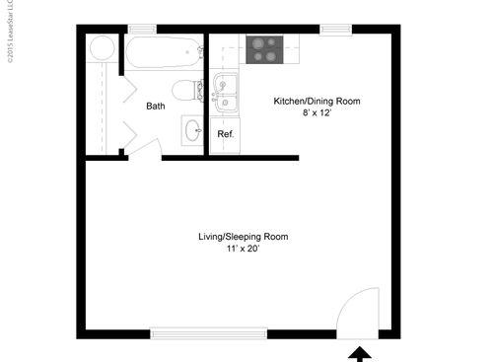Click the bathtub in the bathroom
(164, 52)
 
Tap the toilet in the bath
(184, 92)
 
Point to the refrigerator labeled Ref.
(226, 133)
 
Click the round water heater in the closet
(101, 48)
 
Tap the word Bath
(156, 106)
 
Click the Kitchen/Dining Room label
(317, 102)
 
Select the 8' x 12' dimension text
(317, 114)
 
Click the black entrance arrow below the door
(360, 352)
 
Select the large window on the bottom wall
(207, 333)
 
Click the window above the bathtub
(142, 29)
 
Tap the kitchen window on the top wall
(336, 29)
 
